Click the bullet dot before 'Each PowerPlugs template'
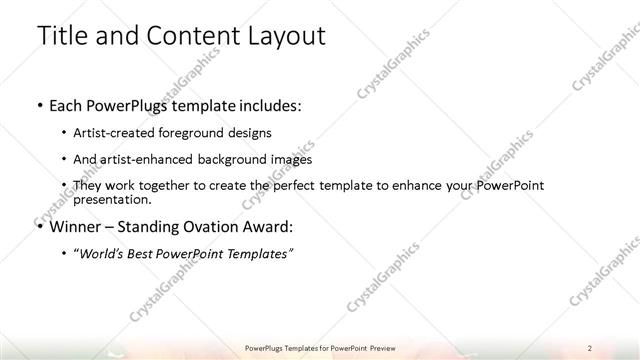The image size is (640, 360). (38, 105)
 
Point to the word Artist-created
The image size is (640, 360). (112, 132)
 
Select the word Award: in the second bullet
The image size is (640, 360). (265, 226)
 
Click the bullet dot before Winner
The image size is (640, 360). (38, 227)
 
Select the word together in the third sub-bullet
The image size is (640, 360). (169, 186)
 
